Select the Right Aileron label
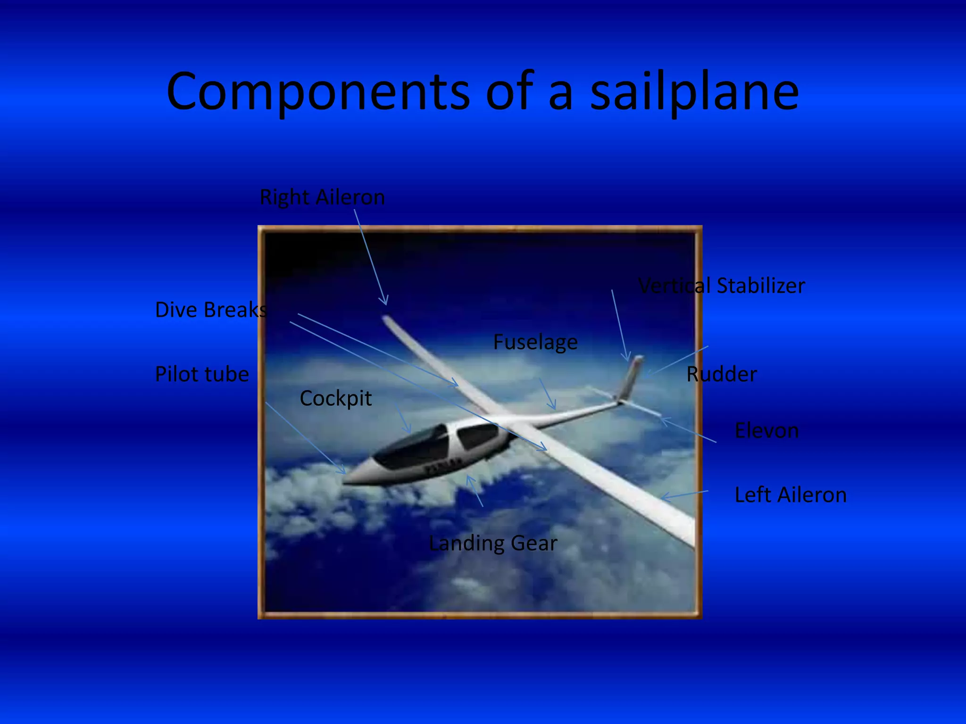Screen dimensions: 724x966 322,197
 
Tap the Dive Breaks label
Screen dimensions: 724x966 211,310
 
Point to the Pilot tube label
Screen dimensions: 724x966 202,374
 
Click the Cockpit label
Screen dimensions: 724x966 335,399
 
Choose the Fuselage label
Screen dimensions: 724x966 535,342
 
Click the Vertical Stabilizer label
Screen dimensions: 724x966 721,286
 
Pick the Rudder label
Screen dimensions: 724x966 721,374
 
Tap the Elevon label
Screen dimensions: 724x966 766,431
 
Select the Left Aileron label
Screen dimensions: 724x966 791,495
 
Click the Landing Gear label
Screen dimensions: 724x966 493,543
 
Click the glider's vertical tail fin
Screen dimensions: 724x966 631,377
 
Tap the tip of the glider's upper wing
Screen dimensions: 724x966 386,319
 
